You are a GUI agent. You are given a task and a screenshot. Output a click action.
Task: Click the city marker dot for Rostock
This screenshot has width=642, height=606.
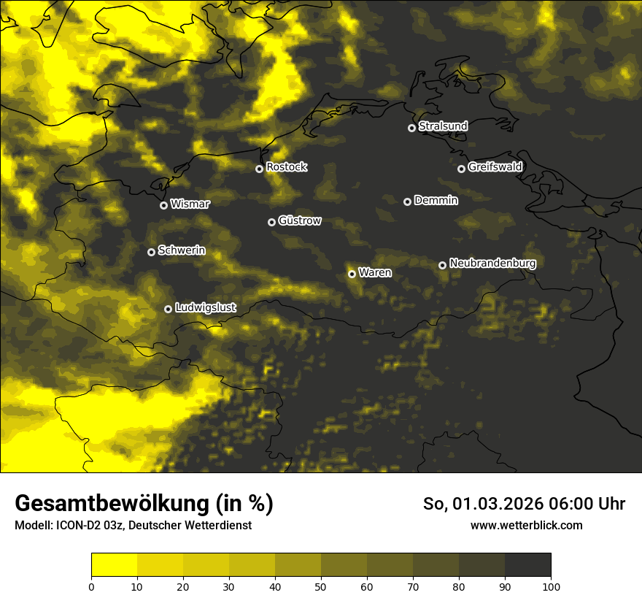259,169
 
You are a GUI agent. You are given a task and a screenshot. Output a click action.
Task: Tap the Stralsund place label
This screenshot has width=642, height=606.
443,126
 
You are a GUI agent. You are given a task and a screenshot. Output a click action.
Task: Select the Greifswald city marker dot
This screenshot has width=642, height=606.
461,169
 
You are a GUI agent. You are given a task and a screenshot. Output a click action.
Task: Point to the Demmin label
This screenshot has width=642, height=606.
436,200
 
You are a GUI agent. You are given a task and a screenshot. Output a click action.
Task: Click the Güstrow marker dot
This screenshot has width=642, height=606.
271,222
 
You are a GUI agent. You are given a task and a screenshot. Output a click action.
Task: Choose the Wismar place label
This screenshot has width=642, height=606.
190,204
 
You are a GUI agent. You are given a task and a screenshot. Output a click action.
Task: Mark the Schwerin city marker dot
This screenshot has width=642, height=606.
151,252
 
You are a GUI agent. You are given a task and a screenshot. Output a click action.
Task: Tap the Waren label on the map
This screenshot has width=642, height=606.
375,273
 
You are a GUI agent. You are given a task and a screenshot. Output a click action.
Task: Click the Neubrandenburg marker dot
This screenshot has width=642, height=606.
442,265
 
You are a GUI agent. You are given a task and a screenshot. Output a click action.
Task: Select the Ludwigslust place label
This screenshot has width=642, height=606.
206,308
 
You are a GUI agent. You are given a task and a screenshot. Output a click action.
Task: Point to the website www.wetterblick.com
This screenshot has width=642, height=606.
527,525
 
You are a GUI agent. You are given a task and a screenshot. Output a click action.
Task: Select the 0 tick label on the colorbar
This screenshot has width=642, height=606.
91,586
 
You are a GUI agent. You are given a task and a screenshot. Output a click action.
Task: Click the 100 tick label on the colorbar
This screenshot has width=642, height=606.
551,586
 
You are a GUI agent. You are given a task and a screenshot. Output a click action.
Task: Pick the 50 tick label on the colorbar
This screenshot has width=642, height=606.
321,586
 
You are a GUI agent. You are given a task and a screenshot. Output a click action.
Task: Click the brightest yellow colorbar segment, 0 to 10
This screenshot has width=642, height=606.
114,565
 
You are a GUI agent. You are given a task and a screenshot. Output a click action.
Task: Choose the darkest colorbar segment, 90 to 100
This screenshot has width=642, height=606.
527,565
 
